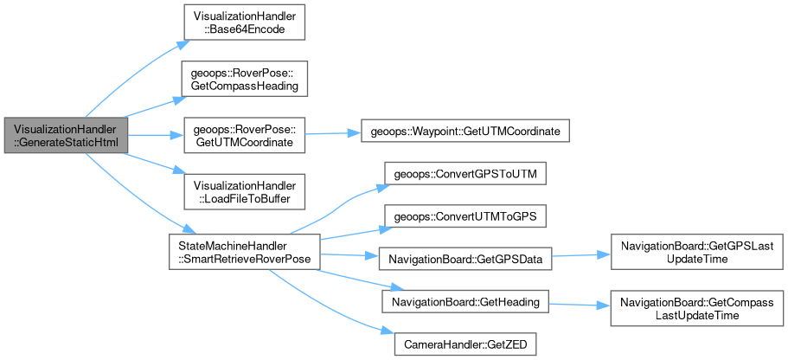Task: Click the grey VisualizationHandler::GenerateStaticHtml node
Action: (x=66, y=136)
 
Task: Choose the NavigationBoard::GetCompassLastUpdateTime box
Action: (x=696, y=310)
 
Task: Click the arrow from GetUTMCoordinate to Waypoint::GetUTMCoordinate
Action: (x=329, y=133)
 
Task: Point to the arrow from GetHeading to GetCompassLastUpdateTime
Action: (x=580, y=305)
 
